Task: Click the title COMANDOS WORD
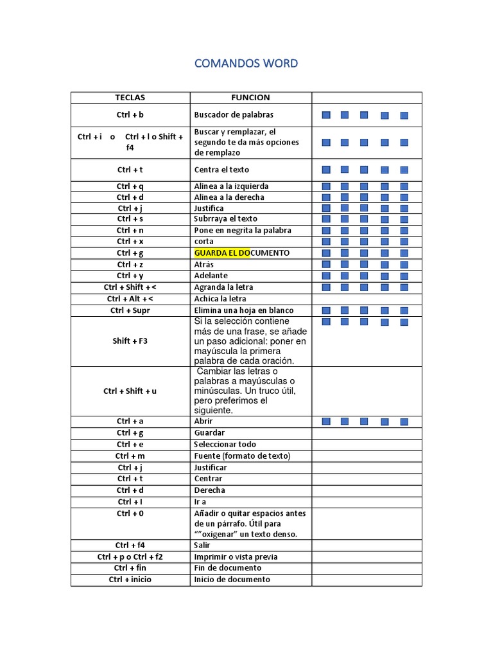(x=246, y=63)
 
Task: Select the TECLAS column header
(x=130, y=98)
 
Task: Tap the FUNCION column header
(x=250, y=98)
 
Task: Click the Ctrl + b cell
(x=130, y=115)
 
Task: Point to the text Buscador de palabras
(x=234, y=115)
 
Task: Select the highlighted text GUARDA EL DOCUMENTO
(x=241, y=253)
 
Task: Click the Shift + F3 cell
(x=130, y=341)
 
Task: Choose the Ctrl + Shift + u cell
(x=130, y=391)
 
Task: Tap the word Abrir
(x=203, y=422)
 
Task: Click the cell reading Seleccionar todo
(x=225, y=445)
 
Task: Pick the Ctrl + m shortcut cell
(x=130, y=456)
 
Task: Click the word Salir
(x=202, y=546)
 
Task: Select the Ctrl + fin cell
(x=130, y=568)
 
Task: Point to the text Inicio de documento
(x=232, y=580)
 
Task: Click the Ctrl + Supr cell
(x=130, y=310)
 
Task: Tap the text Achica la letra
(x=220, y=299)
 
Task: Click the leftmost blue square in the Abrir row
(x=326, y=422)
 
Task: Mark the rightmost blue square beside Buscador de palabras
(x=404, y=116)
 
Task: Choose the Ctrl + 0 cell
(x=130, y=514)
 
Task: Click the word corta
(x=204, y=242)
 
